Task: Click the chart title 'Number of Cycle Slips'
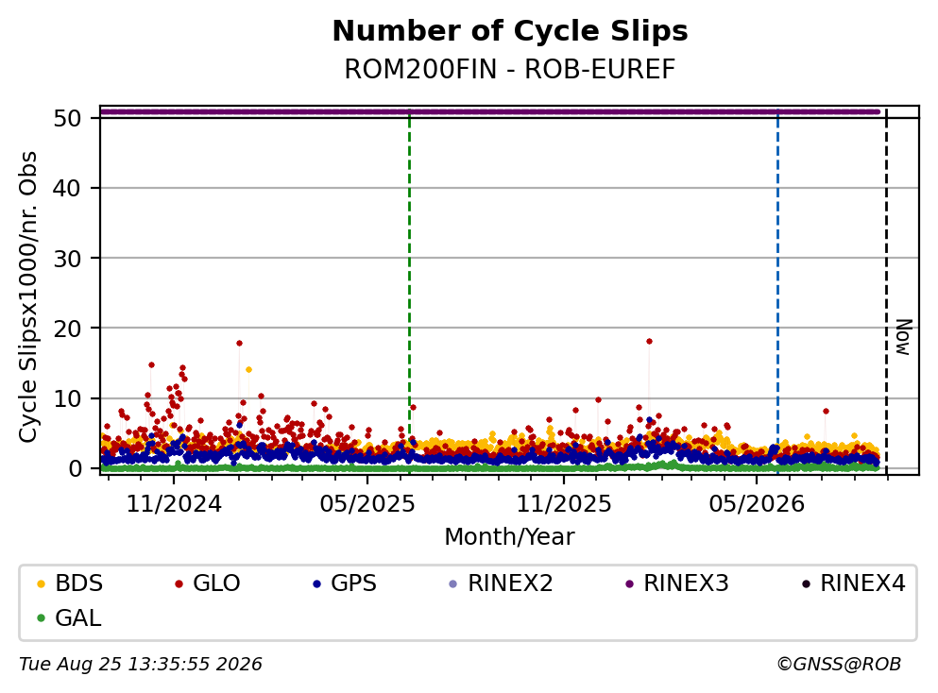point(510,31)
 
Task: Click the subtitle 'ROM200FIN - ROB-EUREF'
point(510,69)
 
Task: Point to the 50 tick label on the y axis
point(67,118)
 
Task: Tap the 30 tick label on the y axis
point(67,259)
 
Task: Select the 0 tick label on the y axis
point(75,468)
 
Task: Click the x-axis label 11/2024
point(174,504)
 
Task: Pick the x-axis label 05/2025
point(367,504)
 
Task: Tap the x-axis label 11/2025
point(564,504)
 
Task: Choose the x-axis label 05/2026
point(757,504)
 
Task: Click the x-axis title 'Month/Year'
point(510,536)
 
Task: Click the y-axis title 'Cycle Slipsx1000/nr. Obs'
point(27,297)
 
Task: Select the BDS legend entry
point(70,583)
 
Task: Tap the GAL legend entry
point(69,617)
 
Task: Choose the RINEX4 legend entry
point(854,583)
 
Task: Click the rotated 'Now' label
point(903,337)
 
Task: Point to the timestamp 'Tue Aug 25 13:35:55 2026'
point(141,664)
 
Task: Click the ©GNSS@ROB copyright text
point(839,664)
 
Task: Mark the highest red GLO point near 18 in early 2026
point(649,342)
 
